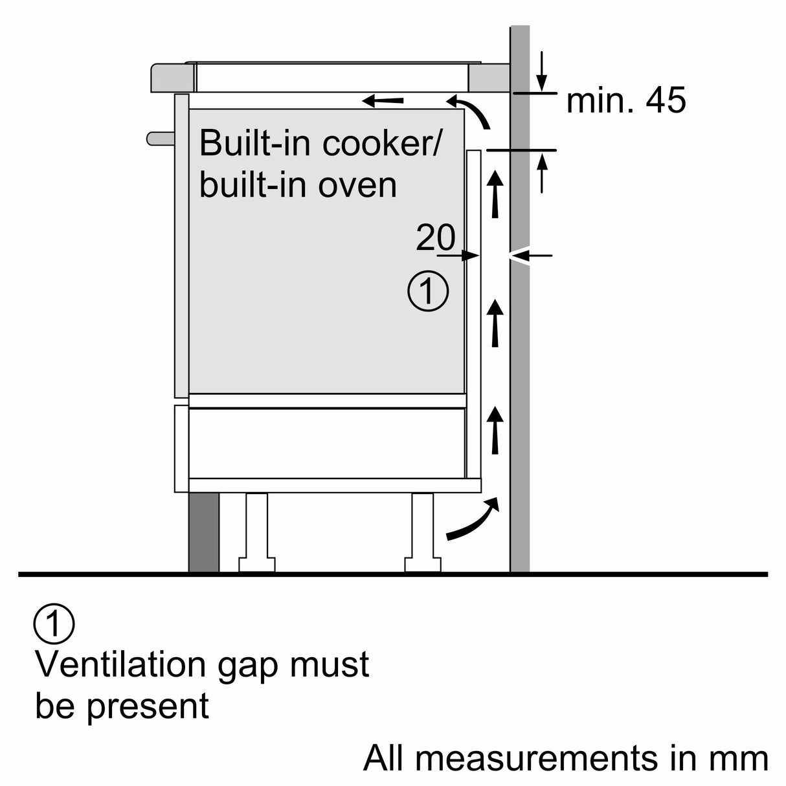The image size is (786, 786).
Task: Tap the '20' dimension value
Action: [x=435, y=238]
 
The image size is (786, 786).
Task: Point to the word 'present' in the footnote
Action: [x=148, y=707]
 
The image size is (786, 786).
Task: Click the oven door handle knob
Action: [x=159, y=138]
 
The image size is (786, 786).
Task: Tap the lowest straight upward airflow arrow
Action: [x=495, y=430]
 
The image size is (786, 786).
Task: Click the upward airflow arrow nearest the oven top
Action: [x=495, y=192]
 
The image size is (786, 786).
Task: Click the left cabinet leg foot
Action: [x=256, y=563]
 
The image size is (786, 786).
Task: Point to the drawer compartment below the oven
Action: [x=327, y=443]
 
